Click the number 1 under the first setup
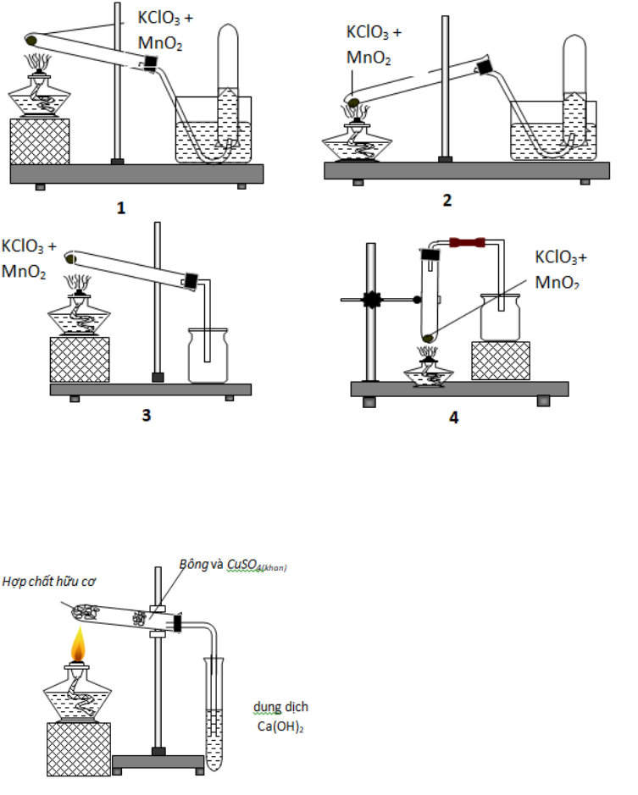[x=121, y=207]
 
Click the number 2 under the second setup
[x=447, y=201]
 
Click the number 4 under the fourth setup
[x=453, y=417]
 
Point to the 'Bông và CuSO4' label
[x=232, y=565]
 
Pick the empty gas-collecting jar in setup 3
[x=208, y=356]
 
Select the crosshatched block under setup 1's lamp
[x=39, y=141]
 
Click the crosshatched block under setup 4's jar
[x=500, y=361]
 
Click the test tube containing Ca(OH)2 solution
[x=214, y=711]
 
